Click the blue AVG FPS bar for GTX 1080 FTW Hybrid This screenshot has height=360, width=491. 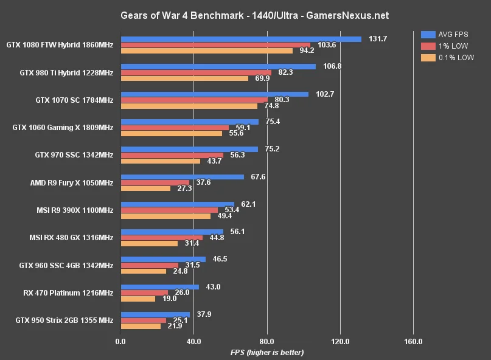[241, 39]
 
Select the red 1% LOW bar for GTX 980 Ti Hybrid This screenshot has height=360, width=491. [197, 72]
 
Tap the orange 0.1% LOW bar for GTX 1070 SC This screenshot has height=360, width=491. [189, 106]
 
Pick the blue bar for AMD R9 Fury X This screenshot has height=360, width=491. [183, 177]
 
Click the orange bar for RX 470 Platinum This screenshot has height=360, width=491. [138, 299]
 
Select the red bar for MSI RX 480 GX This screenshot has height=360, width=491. [162, 238]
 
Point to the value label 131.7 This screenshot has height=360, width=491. [378, 39]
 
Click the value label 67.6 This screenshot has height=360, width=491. [258, 177]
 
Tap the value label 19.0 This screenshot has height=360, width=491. [169, 299]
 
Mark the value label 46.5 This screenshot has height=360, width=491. [220, 259]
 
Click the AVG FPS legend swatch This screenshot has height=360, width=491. [428, 35]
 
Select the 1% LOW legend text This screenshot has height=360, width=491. [453, 46]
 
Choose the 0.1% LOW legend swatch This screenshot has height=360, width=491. [428, 58]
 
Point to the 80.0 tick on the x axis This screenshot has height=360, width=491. [266, 342]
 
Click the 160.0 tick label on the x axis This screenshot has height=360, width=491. [413, 342]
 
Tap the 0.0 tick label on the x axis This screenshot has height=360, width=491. [120, 342]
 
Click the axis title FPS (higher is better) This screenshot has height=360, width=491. [267, 353]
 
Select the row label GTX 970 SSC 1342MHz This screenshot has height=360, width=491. [74, 155]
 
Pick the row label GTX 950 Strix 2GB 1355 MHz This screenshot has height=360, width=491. [64, 320]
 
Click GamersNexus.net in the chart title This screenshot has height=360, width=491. [347, 16]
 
